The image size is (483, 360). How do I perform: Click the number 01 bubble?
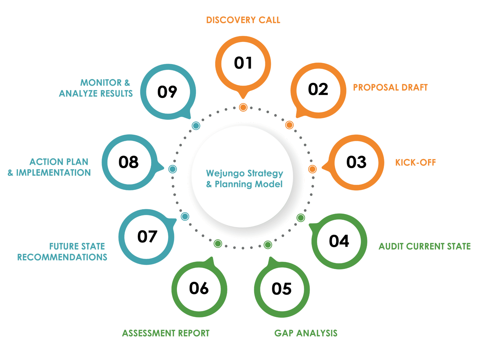click(x=243, y=63)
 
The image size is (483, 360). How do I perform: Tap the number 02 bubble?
click(x=318, y=90)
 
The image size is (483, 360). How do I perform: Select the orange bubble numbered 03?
click(x=356, y=162)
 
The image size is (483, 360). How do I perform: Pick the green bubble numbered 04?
click(x=339, y=241)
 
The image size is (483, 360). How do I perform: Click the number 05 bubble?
click(x=282, y=289)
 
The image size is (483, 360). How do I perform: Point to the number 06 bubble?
click(x=199, y=289)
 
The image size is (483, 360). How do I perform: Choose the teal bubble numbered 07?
click(x=147, y=237)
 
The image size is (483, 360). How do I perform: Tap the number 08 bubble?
click(x=129, y=162)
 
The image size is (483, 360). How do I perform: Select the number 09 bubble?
click(x=168, y=92)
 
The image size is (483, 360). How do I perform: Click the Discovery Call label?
click(x=243, y=20)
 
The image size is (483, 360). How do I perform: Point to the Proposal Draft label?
click(x=390, y=87)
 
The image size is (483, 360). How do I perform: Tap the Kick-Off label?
click(x=415, y=163)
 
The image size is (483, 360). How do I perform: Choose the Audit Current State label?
click(x=425, y=246)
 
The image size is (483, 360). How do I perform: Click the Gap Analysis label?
click(x=306, y=333)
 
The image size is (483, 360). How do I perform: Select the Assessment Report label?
click(x=166, y=333)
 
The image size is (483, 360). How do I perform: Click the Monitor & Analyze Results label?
click(x=96, y=88)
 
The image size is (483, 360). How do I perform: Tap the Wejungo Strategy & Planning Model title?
click(x=245, y=179)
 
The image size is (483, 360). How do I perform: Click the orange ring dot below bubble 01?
click(x=243, y=107)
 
